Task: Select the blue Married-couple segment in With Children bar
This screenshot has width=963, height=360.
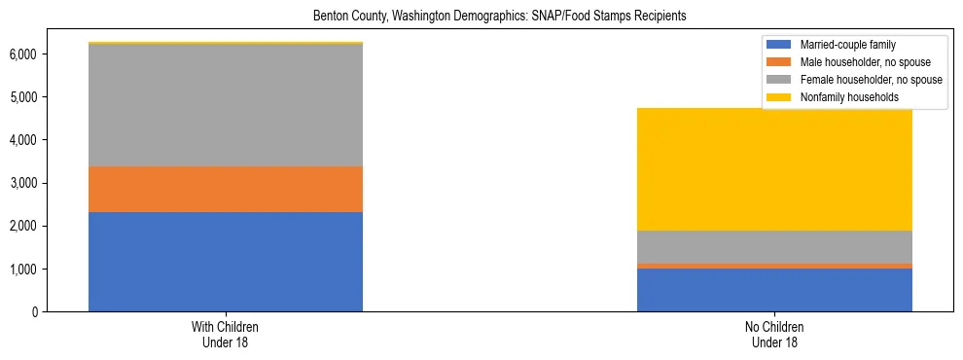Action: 226,262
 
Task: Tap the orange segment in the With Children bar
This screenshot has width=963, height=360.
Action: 226,189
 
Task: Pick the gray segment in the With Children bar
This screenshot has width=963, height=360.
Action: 226,105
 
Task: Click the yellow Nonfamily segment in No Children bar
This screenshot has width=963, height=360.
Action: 774,169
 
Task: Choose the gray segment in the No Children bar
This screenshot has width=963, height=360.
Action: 774,246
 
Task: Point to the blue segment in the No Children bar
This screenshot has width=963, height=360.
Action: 774,290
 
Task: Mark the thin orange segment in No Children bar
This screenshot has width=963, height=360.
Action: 774,266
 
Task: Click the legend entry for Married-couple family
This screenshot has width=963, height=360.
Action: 840,45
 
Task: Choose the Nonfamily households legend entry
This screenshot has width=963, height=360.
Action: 842,97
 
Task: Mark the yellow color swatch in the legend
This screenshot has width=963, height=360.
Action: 780,97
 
